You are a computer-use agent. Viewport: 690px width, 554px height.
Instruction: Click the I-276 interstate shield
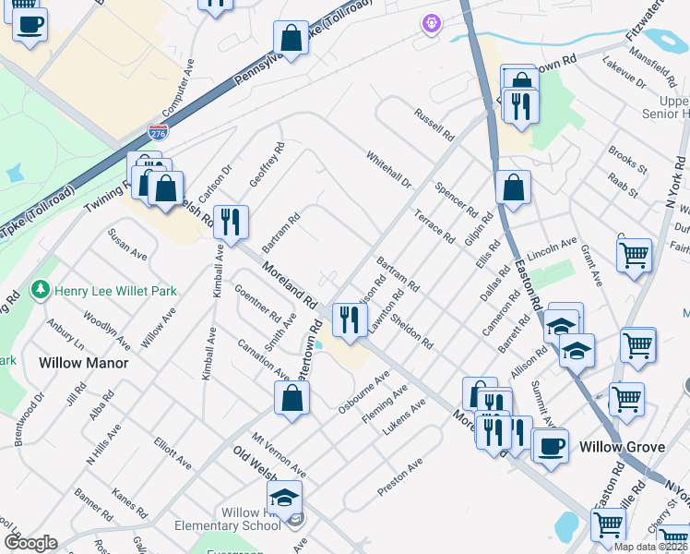click(159, 133)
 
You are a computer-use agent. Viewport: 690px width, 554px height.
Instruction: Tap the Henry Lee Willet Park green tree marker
click(40, 291)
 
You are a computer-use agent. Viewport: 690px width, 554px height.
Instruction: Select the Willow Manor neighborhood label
click(83, 363)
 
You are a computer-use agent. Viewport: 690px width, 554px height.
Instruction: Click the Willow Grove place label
click(622, 447)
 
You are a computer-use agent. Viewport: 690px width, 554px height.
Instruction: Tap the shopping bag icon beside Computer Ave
click(291, 39)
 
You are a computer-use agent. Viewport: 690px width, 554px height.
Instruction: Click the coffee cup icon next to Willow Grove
click(551, 445)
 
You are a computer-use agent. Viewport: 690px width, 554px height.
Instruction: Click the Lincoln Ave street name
click(552, 250)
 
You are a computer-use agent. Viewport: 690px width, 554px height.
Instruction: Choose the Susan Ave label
click(127, 244)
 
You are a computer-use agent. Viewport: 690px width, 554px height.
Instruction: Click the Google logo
click(30, 543)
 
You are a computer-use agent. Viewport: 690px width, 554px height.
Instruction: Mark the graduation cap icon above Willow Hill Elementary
click(286, 499)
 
